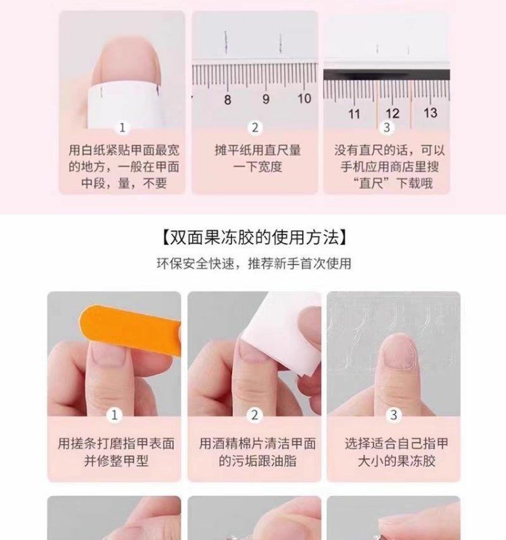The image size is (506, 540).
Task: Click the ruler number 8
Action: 227,100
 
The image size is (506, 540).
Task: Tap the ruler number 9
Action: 266,99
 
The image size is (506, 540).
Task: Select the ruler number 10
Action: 304,99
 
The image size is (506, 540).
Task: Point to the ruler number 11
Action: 354,114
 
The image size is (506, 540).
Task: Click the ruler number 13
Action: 430,113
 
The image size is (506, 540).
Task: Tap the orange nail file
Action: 130,329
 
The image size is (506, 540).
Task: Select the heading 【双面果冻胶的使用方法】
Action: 254,237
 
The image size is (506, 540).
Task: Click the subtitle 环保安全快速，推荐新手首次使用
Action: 254,264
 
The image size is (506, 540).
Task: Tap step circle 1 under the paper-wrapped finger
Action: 122,128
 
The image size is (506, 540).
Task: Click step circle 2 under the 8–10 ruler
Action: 255,128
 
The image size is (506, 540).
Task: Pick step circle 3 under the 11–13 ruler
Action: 387,128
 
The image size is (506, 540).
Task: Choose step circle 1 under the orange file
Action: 114,415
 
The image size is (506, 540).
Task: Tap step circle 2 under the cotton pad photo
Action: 254,415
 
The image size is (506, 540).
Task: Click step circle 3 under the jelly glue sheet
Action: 394,415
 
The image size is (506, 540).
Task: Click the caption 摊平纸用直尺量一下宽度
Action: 258,159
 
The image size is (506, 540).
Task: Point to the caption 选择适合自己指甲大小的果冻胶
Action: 397,452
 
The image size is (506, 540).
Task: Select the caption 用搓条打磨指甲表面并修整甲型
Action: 116,452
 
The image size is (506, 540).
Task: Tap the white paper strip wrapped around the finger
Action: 124,105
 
